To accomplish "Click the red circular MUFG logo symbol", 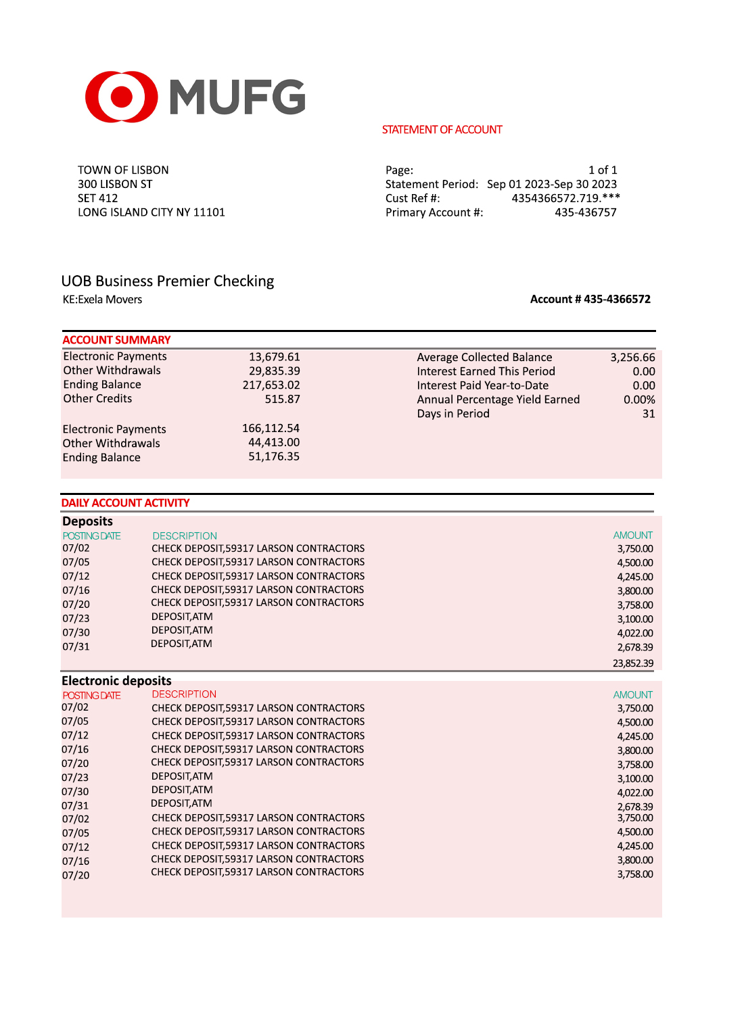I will coord(121,97).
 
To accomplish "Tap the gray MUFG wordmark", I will coord(237,97).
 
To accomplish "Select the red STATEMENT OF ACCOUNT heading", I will coord(442,129).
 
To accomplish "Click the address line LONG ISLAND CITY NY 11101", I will coord(151,212).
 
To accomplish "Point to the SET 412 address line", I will coord(97,198).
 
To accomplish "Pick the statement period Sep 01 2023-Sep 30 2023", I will coord(551,184).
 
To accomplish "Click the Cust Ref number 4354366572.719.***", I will coord(565,198).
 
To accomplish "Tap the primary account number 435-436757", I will coord(585,212).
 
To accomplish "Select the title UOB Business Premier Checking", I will coord(167,281).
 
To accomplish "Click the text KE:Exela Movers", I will coord(102,300).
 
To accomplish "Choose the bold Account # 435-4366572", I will coord(590,299).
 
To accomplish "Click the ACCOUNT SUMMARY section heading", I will coord(116,340).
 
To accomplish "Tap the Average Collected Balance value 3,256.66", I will coord(632,357).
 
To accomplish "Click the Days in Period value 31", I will coord(648,414).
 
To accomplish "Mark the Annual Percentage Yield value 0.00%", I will coord(638,400).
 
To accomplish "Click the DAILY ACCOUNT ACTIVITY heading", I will coord(125,503).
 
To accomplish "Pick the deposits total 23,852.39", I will coord(632,663).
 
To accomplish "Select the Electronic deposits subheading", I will coord(116,681).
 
